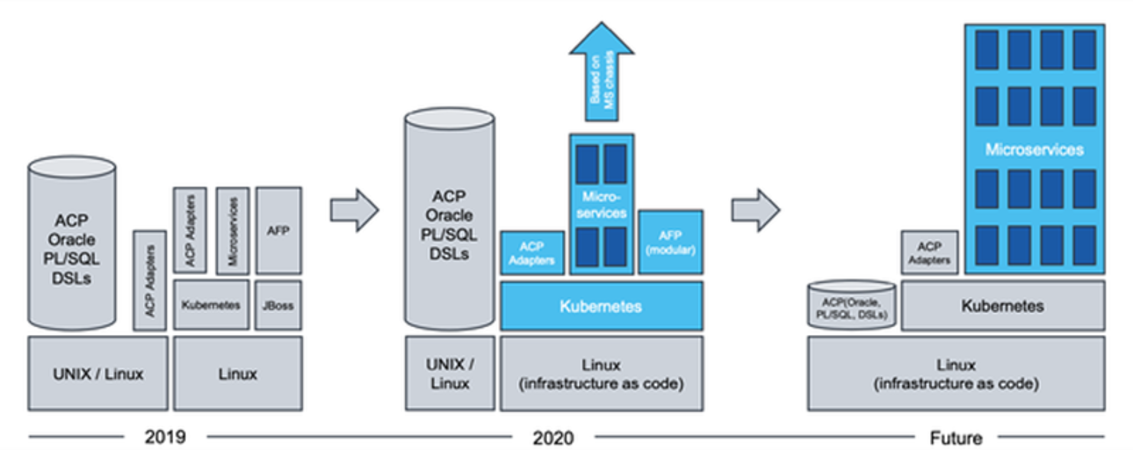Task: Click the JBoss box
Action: (278, 306)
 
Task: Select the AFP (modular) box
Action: (670, 242)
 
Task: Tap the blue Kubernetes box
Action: (601, 306)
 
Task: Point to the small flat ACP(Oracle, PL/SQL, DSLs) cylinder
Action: (852, 305)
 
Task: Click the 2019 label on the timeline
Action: (165, 437)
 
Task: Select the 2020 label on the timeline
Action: (553, 438)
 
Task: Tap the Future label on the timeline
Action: (956, 438)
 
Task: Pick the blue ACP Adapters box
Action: (532, 253)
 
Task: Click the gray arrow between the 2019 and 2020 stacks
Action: (354, 210)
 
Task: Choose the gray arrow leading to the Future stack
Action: (756, 210)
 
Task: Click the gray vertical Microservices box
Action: (233, 231)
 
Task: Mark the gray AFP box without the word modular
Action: (279, 231)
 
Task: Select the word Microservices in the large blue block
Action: (1034, 149)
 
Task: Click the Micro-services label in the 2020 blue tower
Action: (601, 205)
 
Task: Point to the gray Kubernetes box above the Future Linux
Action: (1003, 306)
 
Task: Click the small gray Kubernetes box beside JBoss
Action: (211, 306)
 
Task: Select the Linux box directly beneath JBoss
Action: (238, 373)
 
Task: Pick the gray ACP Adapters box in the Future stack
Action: (929, 252)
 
